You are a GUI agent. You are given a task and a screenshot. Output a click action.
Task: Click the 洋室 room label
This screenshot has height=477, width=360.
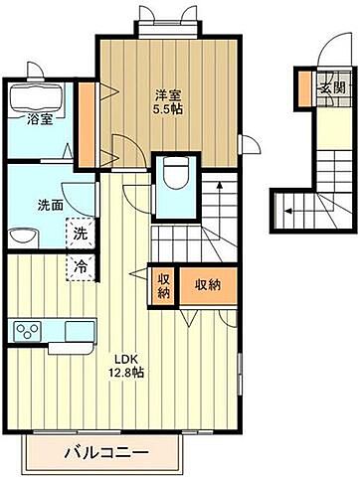point(167,94)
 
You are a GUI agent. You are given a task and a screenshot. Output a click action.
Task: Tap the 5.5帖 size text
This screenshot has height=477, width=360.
point(167,109)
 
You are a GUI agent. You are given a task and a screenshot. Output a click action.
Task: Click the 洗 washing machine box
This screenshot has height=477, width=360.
point(78,235)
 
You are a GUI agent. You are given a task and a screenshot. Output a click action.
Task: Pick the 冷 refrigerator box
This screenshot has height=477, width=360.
point(78,265)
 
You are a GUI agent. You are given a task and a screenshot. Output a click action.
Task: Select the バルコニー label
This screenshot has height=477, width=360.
point(106,453)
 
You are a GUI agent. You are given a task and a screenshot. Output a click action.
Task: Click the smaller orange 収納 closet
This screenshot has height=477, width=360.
point(163,285)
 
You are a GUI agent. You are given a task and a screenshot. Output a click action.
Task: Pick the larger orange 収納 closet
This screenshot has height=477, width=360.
point(207,285)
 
